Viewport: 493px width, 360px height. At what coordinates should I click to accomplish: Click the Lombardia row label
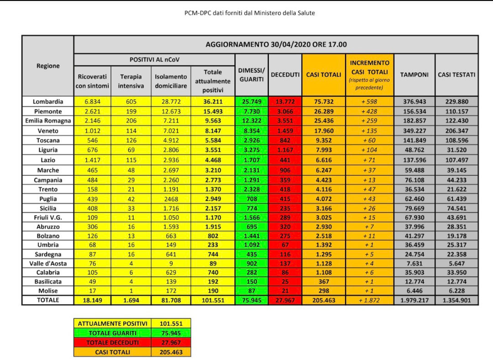[48, 102]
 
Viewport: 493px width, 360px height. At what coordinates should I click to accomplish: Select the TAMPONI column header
[414, 75]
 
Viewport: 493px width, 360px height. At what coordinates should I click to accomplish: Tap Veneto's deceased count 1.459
[285, 130]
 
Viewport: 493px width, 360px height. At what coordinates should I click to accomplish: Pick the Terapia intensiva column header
[131, 81]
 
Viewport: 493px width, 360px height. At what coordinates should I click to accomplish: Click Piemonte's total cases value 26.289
[323, 111]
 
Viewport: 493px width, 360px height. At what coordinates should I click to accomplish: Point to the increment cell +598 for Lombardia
[370, 102]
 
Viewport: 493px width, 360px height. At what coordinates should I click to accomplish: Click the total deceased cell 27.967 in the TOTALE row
[285, 300]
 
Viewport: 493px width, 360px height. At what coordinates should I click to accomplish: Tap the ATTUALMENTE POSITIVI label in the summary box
[113, 323]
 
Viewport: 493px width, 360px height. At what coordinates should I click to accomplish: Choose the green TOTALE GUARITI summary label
[113, 333]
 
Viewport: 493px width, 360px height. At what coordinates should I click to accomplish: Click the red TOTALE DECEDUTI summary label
[113, 343]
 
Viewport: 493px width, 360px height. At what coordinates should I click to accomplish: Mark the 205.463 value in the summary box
[172, 352]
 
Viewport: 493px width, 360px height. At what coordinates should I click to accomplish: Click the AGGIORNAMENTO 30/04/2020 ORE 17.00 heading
[276, 45]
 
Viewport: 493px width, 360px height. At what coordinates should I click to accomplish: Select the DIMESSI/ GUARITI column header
[251, 75]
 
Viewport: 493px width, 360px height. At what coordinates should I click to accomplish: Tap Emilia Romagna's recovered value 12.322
[251, 121]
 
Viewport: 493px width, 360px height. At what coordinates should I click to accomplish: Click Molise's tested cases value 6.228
[456, 291]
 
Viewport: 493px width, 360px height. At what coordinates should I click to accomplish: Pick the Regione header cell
[48, 66]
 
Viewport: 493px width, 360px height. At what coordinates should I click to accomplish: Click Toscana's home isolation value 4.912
[171, 140]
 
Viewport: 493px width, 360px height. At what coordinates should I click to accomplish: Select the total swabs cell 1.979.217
[414, 300]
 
